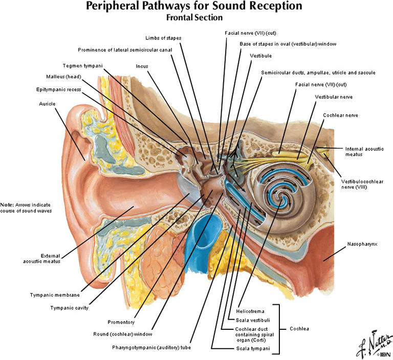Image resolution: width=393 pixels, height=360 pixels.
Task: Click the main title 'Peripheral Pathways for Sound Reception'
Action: pyautogui.click(x=194, y=7)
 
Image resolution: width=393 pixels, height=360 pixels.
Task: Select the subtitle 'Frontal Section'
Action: pyautogui.click(x=194, y=17)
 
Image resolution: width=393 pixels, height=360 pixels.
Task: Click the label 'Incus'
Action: pyautogui.click(x=142, y=66)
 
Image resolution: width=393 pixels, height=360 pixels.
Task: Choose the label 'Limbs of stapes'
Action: pyautogui.click(x=163, y=38)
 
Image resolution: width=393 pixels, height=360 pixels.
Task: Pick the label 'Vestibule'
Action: pyautogui.click(x=260, y=55)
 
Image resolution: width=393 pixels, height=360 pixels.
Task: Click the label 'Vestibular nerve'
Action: pyautogui.click(x=334, y=97)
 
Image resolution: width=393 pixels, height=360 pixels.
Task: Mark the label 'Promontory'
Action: pyautogui.click(x=121, y=322)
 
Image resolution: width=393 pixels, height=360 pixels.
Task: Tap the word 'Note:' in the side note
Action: pyautogui.click(x=8, y=204)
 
